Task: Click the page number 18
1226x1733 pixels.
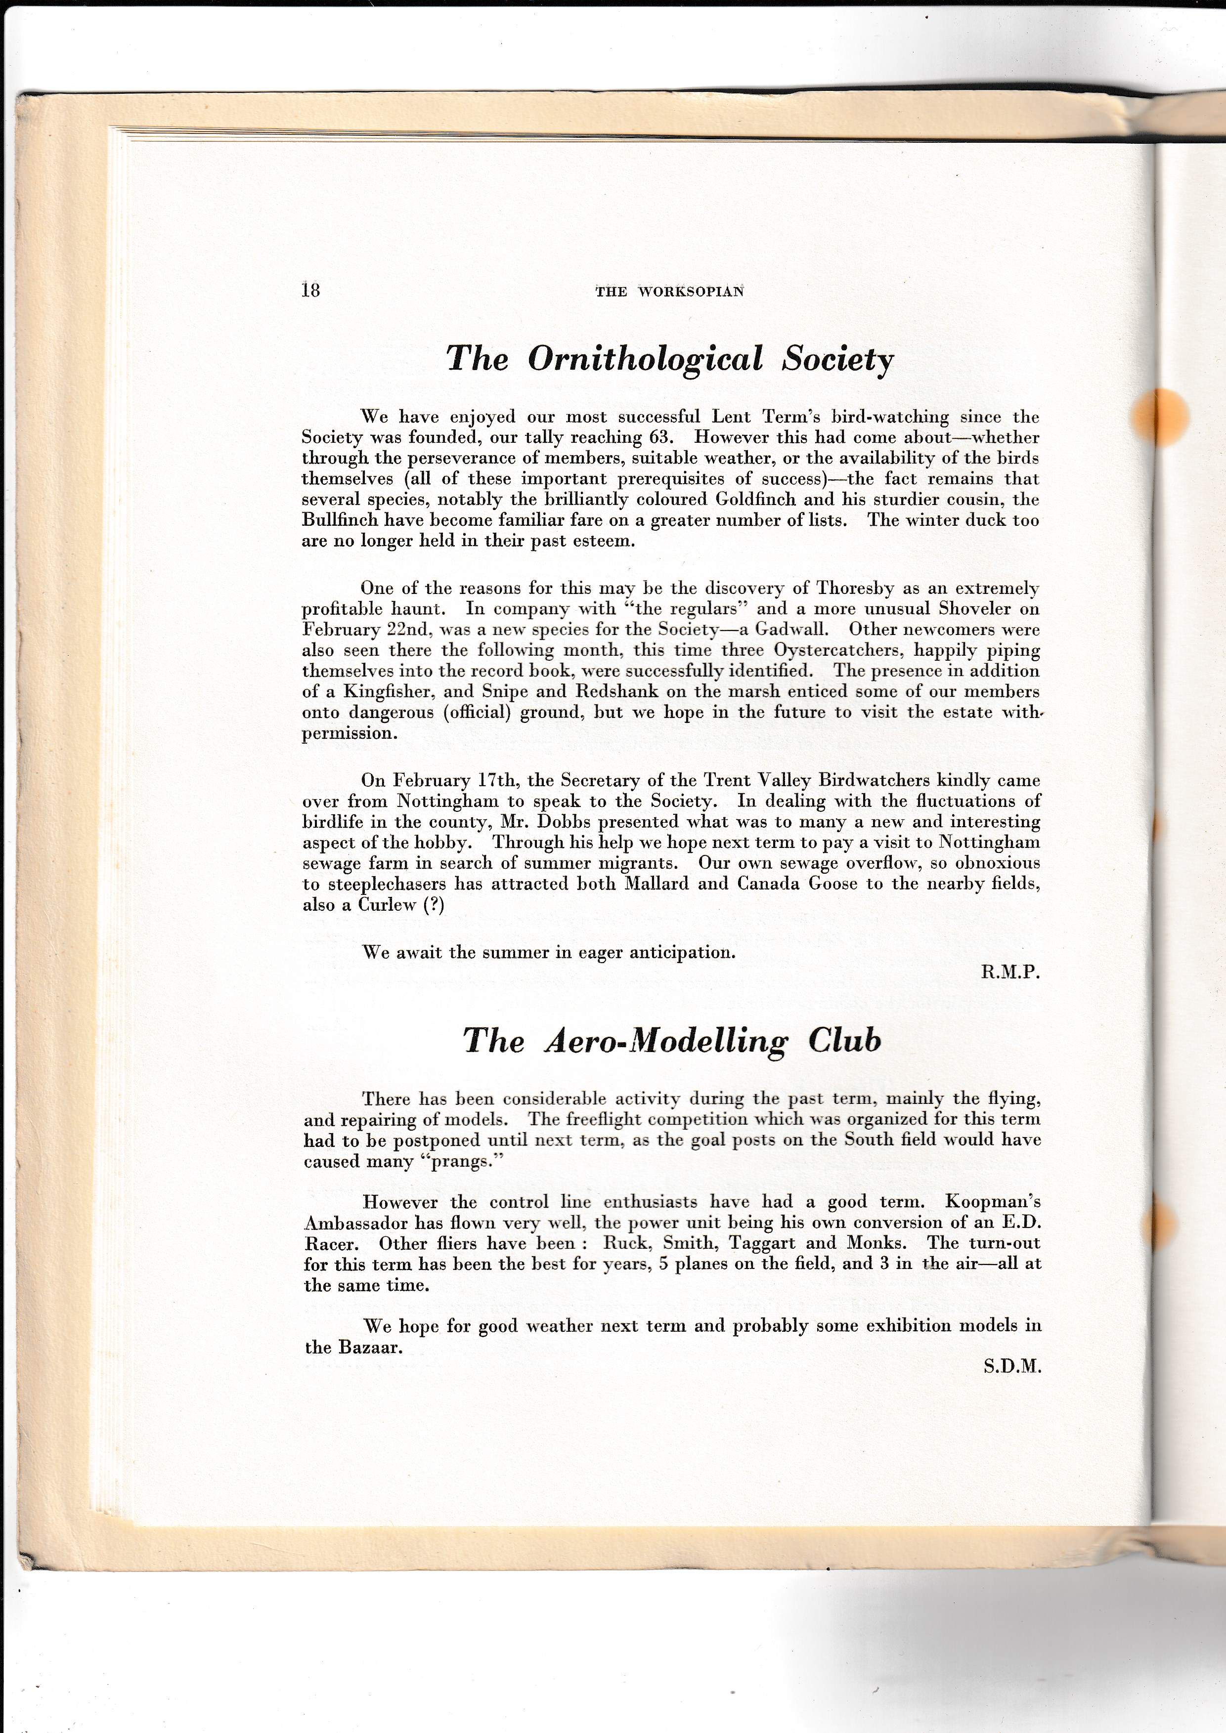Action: tap(310, 290)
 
